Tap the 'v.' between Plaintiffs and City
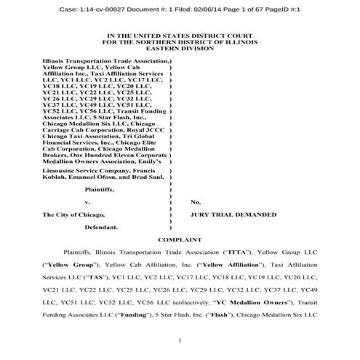pyautogui.click(x=87, y=201)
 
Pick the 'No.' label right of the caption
pyautogui.click(x=196, y=201)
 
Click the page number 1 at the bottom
pyautogui.click(x=179, y=340)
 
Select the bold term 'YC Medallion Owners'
pyautogui.click(x=243, y=304)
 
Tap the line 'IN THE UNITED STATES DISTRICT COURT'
pyautogui.click(x=179, y=33)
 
